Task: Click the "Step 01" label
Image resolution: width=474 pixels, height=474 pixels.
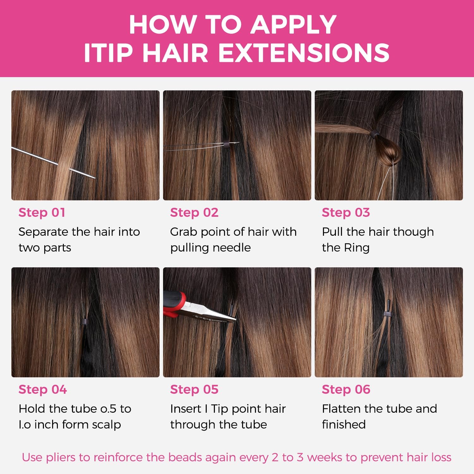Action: (x=42, y=212)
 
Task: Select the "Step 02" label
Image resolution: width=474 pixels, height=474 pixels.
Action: (x=194, y=212)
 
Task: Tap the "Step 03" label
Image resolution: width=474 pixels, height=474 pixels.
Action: (x=346, y=212)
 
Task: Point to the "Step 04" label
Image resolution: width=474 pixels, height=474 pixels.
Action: (x=43, y=389)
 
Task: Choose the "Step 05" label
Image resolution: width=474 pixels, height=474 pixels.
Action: (x=194, y=389)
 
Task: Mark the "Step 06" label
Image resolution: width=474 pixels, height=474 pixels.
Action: (x=346, y=389)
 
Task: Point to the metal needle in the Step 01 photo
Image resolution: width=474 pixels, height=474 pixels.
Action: (x=53, y=163)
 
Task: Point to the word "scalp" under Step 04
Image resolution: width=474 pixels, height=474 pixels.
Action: (x=106, y=425)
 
